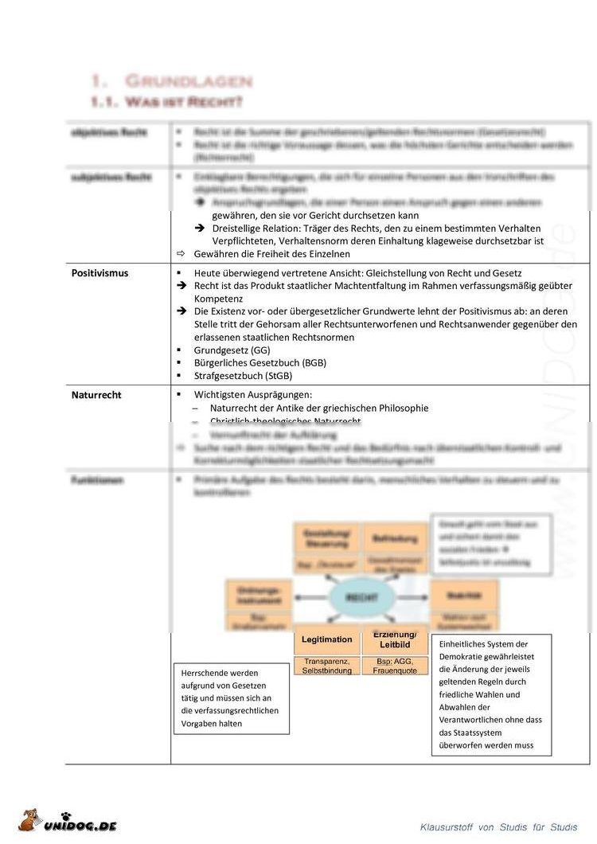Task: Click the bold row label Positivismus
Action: tap(99, 273)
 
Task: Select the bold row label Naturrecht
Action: tap(96, 395)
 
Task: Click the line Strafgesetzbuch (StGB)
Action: tap(243, 376)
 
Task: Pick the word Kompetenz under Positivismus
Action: tap(221, 299)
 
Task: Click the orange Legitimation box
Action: tap(327, 639)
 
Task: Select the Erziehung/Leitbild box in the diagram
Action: tap(395, 639)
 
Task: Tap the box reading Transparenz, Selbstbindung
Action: tap(327, 666)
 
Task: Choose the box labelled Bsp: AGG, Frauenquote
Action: tap(395, 666)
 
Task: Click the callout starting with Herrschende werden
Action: tap(231, 698)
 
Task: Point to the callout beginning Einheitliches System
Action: tap(490, 694)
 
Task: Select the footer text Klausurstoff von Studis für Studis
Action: tap(499, 828)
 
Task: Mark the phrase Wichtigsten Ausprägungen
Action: tap(252, 395)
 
